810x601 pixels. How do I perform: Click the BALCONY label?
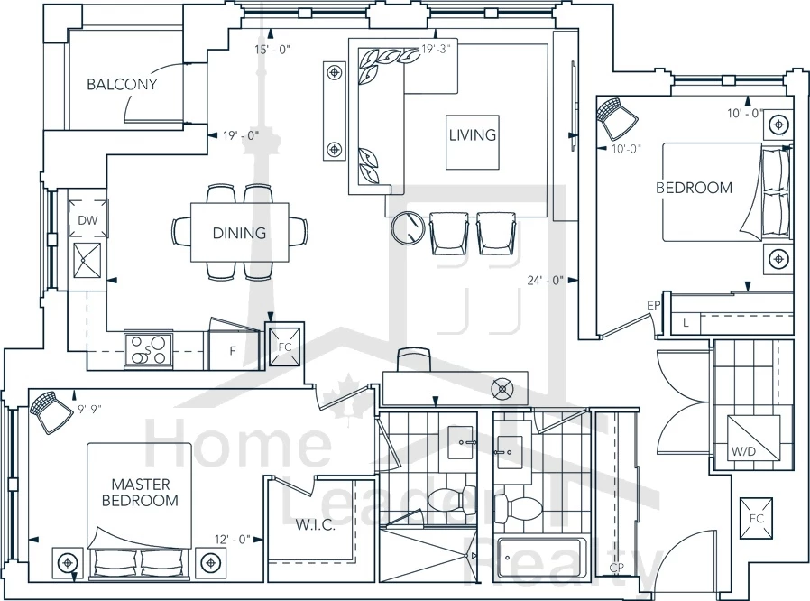pos(122,84)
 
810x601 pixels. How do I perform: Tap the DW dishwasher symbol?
pos(87,218)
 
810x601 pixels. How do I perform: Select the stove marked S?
pos(148,350)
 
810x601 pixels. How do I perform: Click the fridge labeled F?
pos(233,350)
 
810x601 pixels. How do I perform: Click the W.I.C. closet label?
pos(315,525)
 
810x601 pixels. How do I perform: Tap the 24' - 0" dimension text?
pos(545,281)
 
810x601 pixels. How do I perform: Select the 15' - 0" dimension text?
pos(272,50)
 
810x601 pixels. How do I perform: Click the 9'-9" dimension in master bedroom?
pos(90,410)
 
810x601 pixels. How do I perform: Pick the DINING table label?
pos(240,233)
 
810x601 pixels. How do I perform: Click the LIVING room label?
pos(472,135)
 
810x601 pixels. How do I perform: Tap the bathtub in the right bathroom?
pos(541,559)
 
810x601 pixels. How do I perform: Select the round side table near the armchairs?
pos(408,227)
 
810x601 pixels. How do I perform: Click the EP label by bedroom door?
pos(653,305)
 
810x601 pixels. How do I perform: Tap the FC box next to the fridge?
pos(285,347)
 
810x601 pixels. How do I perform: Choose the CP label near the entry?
pos(616,568)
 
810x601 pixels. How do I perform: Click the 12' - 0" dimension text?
pos(233,540)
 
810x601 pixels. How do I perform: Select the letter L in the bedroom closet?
pos(686,323)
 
